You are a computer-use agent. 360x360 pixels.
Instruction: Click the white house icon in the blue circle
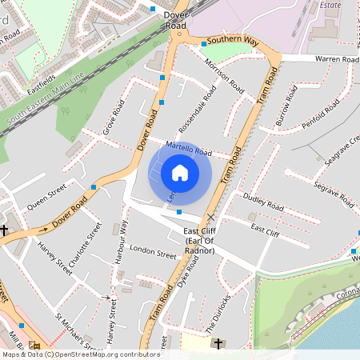pos(180,173)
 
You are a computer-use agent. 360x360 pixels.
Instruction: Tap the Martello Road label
pos(188,148)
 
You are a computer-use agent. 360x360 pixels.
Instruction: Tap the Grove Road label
pos(114,117)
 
